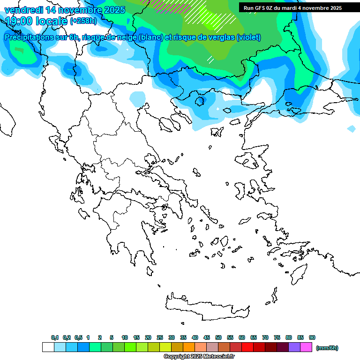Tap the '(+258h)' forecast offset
[x=84, y=21]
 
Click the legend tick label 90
[x=312, y=337]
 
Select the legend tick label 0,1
[x=55, y=337]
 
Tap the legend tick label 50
[x=218, y=337]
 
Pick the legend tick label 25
[x=160, y=337]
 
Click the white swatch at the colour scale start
[x=48, y=347]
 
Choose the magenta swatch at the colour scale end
[x=306, y=347]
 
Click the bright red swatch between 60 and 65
[x=247, y=347]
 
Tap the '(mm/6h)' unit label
[x=327, y=348]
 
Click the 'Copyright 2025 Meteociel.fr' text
[x=199, y=357]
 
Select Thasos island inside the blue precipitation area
[x=200, y=100]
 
